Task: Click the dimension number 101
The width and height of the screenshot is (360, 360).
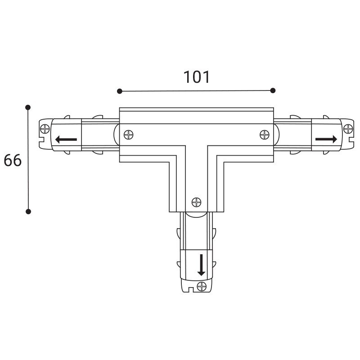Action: [197, 77]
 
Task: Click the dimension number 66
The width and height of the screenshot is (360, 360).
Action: [13, 160]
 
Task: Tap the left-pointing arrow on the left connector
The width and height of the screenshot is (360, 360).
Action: [66, 139]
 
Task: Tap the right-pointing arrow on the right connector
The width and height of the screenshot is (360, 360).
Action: [326, 139]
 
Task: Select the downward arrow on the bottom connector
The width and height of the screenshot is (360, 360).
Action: [201, 265]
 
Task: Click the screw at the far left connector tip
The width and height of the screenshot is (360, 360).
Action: [45, 129]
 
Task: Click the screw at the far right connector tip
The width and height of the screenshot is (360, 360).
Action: [348, 129]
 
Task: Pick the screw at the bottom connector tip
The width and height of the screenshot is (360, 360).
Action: [202, 286]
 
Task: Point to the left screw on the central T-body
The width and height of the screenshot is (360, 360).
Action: [129, 135]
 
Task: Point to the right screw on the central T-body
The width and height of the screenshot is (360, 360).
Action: [265, 135]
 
